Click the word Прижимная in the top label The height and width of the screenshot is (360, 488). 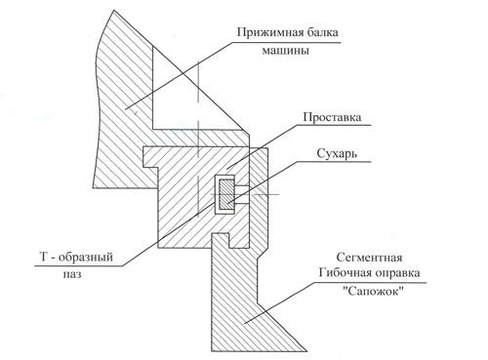pyautogui.click(x=264, y=33)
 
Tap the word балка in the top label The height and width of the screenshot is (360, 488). pyautogui.click(x=317, y=32)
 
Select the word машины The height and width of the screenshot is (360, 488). pyautogui.click(x=285, y=51)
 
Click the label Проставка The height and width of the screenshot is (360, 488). pyautogui.click(x=332, y=117)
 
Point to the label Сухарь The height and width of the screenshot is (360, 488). pyautogui.click(x=337, y=153)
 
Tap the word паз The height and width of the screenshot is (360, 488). pyautogui.click(x=72, y=275)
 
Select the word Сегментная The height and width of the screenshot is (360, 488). pyautogui.click(x=369, y=258)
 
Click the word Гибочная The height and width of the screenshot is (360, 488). pyautogui.click(x=346, y=272)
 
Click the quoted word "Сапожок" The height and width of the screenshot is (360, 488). pyautogui.click(x=374, y=291)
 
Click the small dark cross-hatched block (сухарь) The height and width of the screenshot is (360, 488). pyautogui.click(x=226, y=195)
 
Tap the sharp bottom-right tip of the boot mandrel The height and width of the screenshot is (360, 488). pyautogui.click(x=306, y=351)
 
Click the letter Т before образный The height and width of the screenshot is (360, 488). pyautogui.click(x=44, y=257)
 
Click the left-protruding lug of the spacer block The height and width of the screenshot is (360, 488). pyautogui.click(x=149, y=157)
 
